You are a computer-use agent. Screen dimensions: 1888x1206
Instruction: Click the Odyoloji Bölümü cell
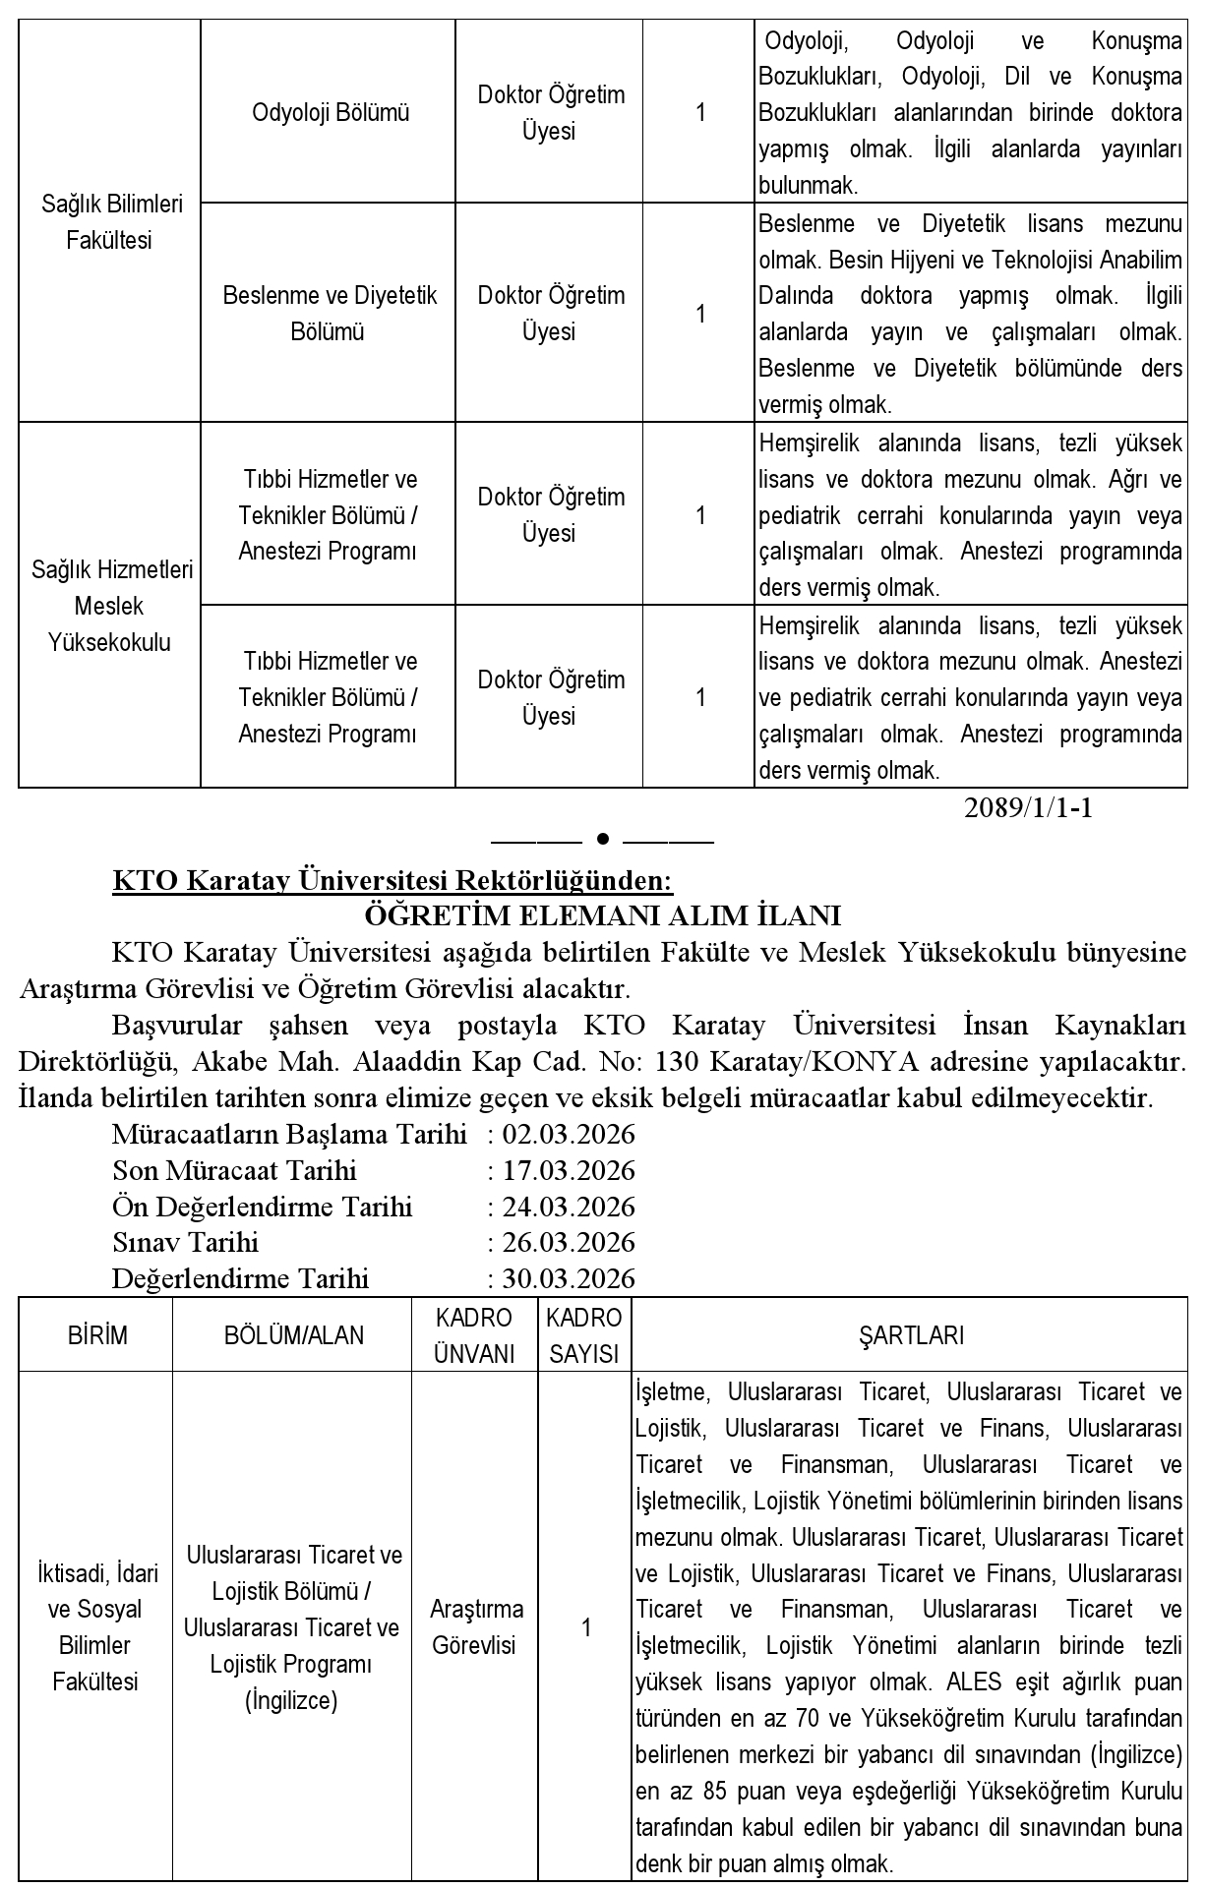coord(330,113)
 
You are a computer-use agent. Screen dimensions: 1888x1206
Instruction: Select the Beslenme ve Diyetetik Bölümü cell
coord(330,313)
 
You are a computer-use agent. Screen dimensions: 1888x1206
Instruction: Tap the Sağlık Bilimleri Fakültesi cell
coord(111,222)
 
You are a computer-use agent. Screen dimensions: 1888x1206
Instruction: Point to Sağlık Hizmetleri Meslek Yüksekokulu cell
coord(111,606)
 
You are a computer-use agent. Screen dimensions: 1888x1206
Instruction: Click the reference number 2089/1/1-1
coord(1028,808)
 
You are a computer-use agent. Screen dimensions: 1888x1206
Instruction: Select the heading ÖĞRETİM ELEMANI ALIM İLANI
coord(602,915)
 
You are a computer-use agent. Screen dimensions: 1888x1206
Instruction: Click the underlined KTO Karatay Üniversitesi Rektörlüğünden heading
coord(392,880)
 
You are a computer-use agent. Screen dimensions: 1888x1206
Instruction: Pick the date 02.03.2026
coord(569,1134)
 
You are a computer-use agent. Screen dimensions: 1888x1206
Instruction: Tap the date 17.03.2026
coord(569,1170)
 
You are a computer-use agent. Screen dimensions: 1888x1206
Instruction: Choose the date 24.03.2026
coord(569,1207)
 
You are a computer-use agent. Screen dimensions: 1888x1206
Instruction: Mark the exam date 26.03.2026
coord(569,1242)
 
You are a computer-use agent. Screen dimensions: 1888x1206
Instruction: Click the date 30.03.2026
coord(569,1278)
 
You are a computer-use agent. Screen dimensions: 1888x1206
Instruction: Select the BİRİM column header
coord(97,1335)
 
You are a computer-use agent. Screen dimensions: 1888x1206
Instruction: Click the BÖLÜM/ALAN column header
coord(293,1335)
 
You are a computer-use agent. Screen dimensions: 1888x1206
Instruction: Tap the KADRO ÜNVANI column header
coord(474,1335)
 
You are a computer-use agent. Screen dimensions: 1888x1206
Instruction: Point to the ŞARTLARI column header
coord(911,1335)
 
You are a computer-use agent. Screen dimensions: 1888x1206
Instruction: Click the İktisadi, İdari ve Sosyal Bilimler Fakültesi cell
coord(97,1627)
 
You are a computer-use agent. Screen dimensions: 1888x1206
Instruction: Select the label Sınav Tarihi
coord(185,1242)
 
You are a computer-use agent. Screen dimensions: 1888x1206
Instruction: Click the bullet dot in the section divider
coord(603,839)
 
